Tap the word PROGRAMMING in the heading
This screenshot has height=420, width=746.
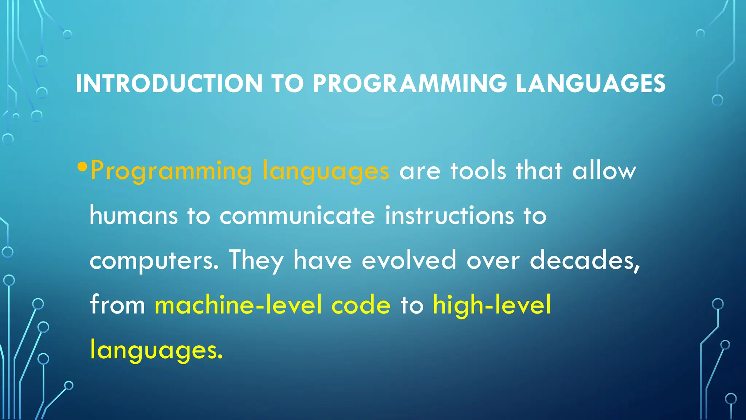[410, 84]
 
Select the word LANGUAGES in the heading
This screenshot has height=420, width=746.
[590, 84]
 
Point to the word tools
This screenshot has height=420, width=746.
[478, 171]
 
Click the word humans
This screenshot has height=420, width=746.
[134, 215]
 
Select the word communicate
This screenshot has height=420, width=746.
[297, 215]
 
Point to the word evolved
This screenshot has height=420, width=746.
[409, 260]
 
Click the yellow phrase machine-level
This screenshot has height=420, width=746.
[239, 305]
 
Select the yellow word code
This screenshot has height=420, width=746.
[361, 305]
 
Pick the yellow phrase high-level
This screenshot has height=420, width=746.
[492, 305]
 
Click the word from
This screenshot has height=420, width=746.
[117, 305]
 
